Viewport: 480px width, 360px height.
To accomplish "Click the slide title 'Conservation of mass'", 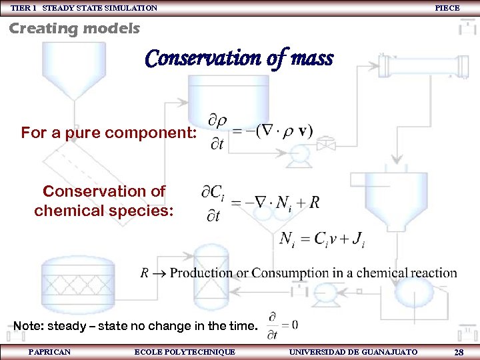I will (239, 59).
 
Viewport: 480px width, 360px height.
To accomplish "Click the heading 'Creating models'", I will (74, 29).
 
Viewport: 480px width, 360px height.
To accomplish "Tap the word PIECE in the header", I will (447, 7).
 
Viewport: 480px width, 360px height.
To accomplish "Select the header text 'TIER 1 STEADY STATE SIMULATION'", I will (84, 7).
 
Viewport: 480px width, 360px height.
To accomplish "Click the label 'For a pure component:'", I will (109, 133).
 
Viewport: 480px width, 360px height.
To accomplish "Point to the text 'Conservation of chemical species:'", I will (104, 201).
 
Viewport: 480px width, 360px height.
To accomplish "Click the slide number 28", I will (459, 351).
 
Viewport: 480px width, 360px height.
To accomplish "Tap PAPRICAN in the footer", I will (50, 351).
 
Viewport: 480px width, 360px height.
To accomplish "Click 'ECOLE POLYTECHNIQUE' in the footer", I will (185, 351).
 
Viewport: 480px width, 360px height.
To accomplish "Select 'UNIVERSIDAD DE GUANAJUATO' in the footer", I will (353, 351).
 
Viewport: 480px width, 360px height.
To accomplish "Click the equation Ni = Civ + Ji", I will (322, 239).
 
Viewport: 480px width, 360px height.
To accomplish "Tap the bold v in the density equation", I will (305, 130).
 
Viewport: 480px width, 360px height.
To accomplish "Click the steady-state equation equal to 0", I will (282, 324).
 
